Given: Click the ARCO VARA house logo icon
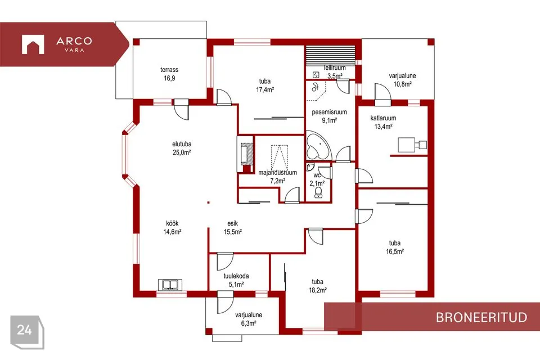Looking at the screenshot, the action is [x=33, y=44].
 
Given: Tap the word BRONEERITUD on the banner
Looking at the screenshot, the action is [x=481, y=317].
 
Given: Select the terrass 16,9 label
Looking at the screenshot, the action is [x=169, y=74].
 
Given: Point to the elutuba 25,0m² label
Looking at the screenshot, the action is [x=182, y=148].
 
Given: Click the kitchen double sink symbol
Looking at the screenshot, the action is [x=170, y=285].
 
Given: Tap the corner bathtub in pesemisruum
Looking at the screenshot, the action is [x=318, y=145].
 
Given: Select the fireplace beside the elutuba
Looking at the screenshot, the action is [x=245, y=154].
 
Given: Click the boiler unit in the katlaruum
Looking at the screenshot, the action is [x=412, y=145].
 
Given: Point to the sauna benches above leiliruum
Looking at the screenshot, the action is [x=331, y=55].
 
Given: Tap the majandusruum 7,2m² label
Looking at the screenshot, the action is [x=277, y=177].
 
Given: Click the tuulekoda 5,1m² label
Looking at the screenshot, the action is [x=236, y=281].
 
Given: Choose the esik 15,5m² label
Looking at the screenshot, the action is [x=233, y=228].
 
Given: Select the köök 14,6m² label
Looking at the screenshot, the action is [x=172, y=228].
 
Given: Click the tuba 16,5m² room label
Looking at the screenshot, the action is [x=395, y=247].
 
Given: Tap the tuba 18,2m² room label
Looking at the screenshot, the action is [x=317, y=286].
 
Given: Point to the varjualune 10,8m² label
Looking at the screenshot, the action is [x=402, y=80].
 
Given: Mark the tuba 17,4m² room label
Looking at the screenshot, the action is [x=265, y=85].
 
